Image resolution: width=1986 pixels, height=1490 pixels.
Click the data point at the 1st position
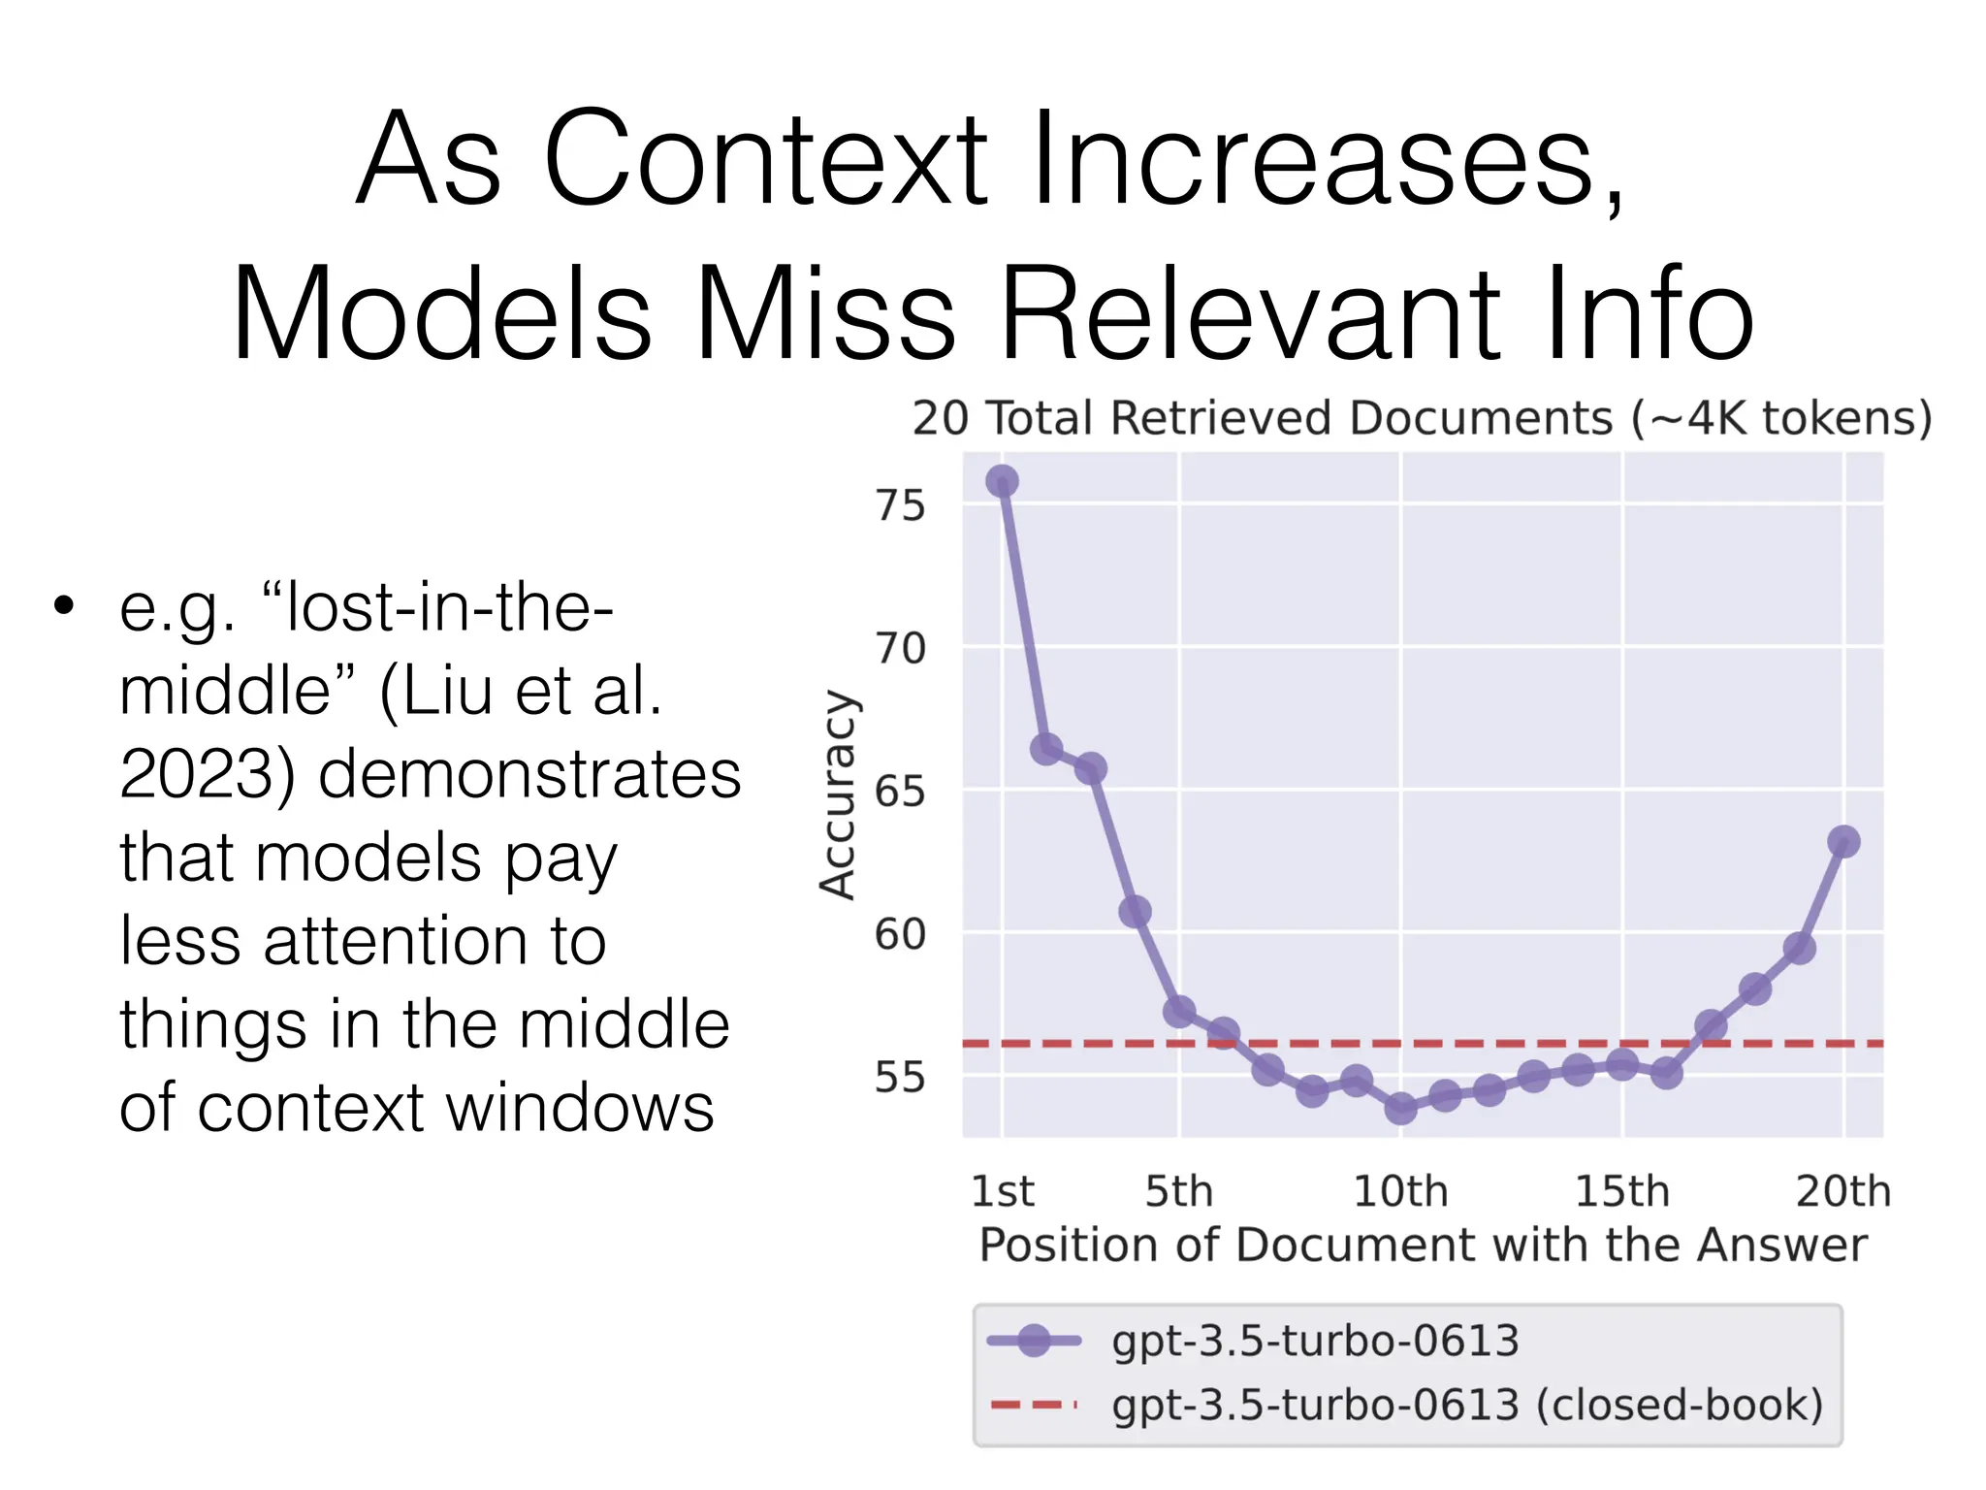(1002, 481)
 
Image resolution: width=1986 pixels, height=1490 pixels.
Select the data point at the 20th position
(1843, 841)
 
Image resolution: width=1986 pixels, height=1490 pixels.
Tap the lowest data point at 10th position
(1400, 1107)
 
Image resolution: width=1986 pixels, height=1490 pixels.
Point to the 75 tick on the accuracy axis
(900, 505)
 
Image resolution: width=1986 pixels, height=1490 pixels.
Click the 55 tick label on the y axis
(900, 1077)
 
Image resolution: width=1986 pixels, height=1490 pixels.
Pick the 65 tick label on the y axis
(900, 792)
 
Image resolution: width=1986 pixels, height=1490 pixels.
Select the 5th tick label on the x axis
(1178, 1191)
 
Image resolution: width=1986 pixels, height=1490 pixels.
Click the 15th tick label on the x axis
(1621, 1191)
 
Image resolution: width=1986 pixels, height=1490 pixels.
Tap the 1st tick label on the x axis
(1003, 1191)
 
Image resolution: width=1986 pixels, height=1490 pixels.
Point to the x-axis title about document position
(1422, 1245)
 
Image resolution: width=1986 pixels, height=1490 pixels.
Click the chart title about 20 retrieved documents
(1422, 419)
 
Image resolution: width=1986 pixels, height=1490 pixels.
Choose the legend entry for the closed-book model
(1466, 1405)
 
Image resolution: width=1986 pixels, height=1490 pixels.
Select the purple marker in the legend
(1034, 1341)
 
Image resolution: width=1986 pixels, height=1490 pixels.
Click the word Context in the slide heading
(766, 160)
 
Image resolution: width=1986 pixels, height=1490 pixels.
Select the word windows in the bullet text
(553, 1108)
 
